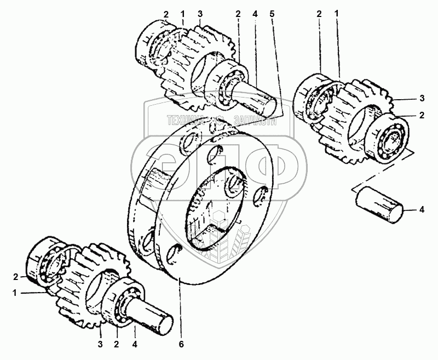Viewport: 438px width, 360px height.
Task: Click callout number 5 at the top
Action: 272,14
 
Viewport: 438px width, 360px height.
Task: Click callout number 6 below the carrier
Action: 181,344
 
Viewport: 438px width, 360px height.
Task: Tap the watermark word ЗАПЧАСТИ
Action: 255,121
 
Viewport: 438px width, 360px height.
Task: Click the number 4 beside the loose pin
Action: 422,209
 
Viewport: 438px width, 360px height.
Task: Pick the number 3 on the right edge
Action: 422,99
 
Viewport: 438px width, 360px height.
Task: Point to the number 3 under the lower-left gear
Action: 100,344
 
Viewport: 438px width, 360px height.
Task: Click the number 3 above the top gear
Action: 200,14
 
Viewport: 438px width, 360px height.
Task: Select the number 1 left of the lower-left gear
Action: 15,293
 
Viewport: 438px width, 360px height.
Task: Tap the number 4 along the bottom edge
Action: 135,344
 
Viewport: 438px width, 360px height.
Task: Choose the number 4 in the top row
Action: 255,14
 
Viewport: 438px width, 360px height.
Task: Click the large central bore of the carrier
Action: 216,206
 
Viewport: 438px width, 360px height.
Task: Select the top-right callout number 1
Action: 337,13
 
